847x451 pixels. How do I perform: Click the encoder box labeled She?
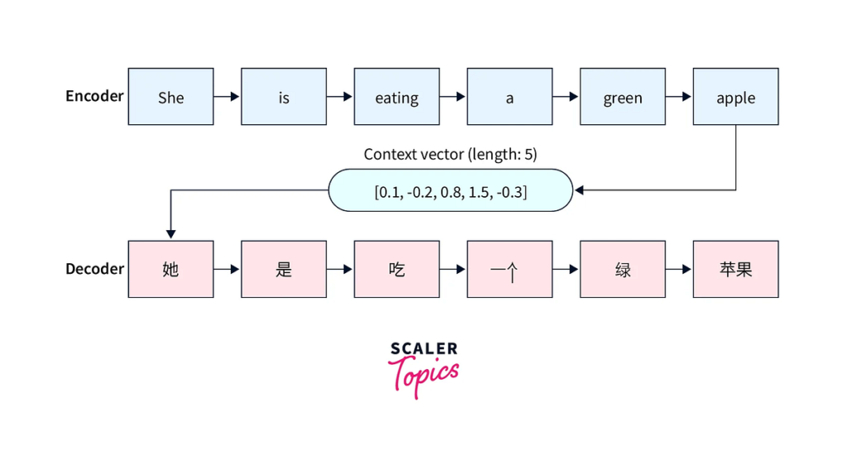point(170,97)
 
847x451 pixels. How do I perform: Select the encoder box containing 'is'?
point(284,97)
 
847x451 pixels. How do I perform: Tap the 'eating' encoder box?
point(396,97)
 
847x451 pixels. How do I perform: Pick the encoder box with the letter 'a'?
point(510,97)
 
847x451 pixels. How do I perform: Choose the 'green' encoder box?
point(623,97)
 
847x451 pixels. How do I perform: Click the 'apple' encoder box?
point(735,97)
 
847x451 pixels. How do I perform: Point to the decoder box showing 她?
point(170,269)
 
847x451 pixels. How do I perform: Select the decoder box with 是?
point(284,269)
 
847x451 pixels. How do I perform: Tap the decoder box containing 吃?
point(396,269)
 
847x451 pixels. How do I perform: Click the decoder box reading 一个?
point(510,269)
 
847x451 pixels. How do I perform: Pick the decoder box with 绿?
point(623,269)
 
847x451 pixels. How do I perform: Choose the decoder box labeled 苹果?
point(735,269)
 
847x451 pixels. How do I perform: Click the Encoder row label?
point(94,96)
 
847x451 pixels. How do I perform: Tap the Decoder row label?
point(94,268)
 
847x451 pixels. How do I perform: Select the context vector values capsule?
point(451,190)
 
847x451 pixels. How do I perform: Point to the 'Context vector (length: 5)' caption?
point(451,155)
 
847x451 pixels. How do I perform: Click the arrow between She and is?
point(227,97)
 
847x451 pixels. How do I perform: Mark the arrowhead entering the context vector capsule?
point(579,190)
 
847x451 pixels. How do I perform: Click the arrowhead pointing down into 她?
point(170,234)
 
